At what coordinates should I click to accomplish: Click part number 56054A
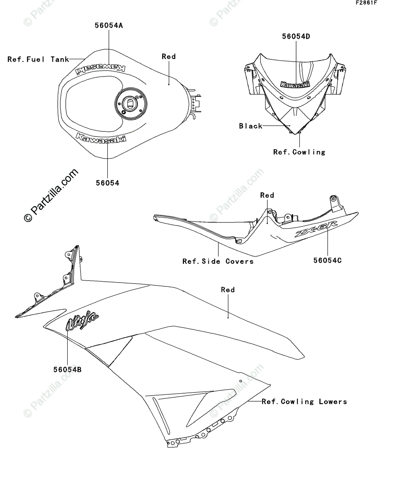tap(109, 26)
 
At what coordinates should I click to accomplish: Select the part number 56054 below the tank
tap(107, 183)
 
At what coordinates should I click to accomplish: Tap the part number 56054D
tap(296, 36)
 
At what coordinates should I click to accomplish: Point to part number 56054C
tap(327, 261)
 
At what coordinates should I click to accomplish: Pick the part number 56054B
tap(67, 370)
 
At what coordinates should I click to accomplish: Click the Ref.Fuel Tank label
tap(38, 59)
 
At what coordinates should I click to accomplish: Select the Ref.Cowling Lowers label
tap(304, 402)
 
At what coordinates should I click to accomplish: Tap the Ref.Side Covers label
tap(218, 261)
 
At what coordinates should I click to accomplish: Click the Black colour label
tap(251, 126)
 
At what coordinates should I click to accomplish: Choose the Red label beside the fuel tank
tap(169, 57)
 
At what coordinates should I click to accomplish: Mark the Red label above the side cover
tap(267, 195)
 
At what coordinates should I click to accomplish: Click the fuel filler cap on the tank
tap(129, 104)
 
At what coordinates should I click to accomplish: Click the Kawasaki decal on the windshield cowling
tap(295, 84)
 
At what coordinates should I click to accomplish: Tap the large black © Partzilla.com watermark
tap(51, 195)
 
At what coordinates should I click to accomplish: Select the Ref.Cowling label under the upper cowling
tap(299, 152)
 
